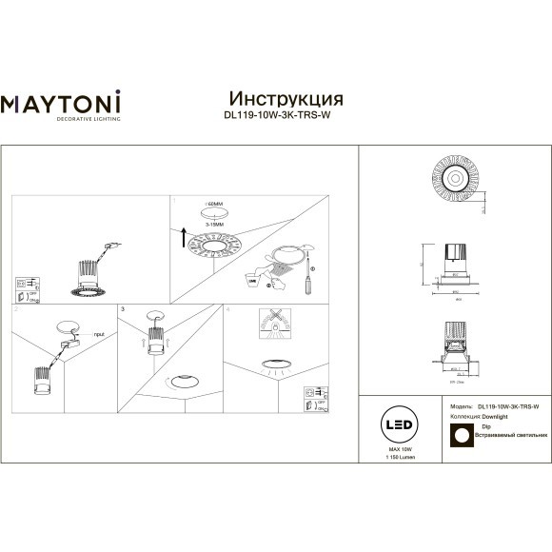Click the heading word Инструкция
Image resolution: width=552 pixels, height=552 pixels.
click(286, 99)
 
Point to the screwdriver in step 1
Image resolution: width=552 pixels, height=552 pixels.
click(307, 282)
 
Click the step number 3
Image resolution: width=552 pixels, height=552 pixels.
click(123, 310)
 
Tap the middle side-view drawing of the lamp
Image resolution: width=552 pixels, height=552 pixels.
click(456, 263)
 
